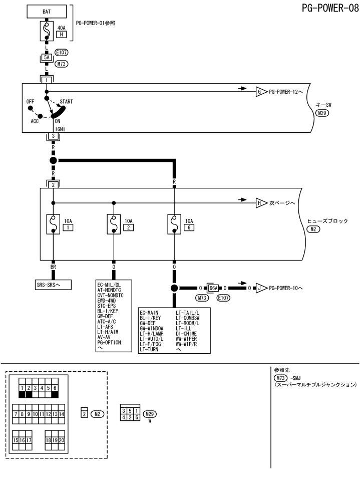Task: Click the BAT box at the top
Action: (47, 10)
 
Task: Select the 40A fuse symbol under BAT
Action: (47, 32)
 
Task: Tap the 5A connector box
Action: (47, 58)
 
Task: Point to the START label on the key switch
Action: (66, 101)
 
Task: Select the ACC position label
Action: (35, 121)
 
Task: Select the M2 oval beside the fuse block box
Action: (314, 229)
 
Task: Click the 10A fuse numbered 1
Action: (53, 224)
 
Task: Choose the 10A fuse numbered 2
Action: (114, 224)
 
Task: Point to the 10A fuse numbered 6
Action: (174, 224)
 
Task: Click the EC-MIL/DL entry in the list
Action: (109, 284)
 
